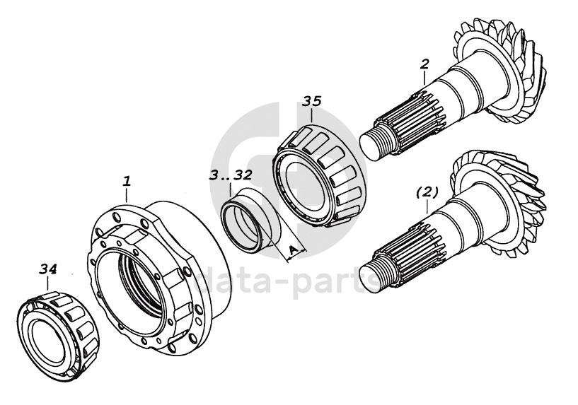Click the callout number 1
point(127,181)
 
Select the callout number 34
point(48,269)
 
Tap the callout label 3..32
point(231,174)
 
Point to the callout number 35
point(312,101)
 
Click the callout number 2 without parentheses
point(424,64)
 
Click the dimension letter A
point(291,249)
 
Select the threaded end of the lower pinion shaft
point(372,273)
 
